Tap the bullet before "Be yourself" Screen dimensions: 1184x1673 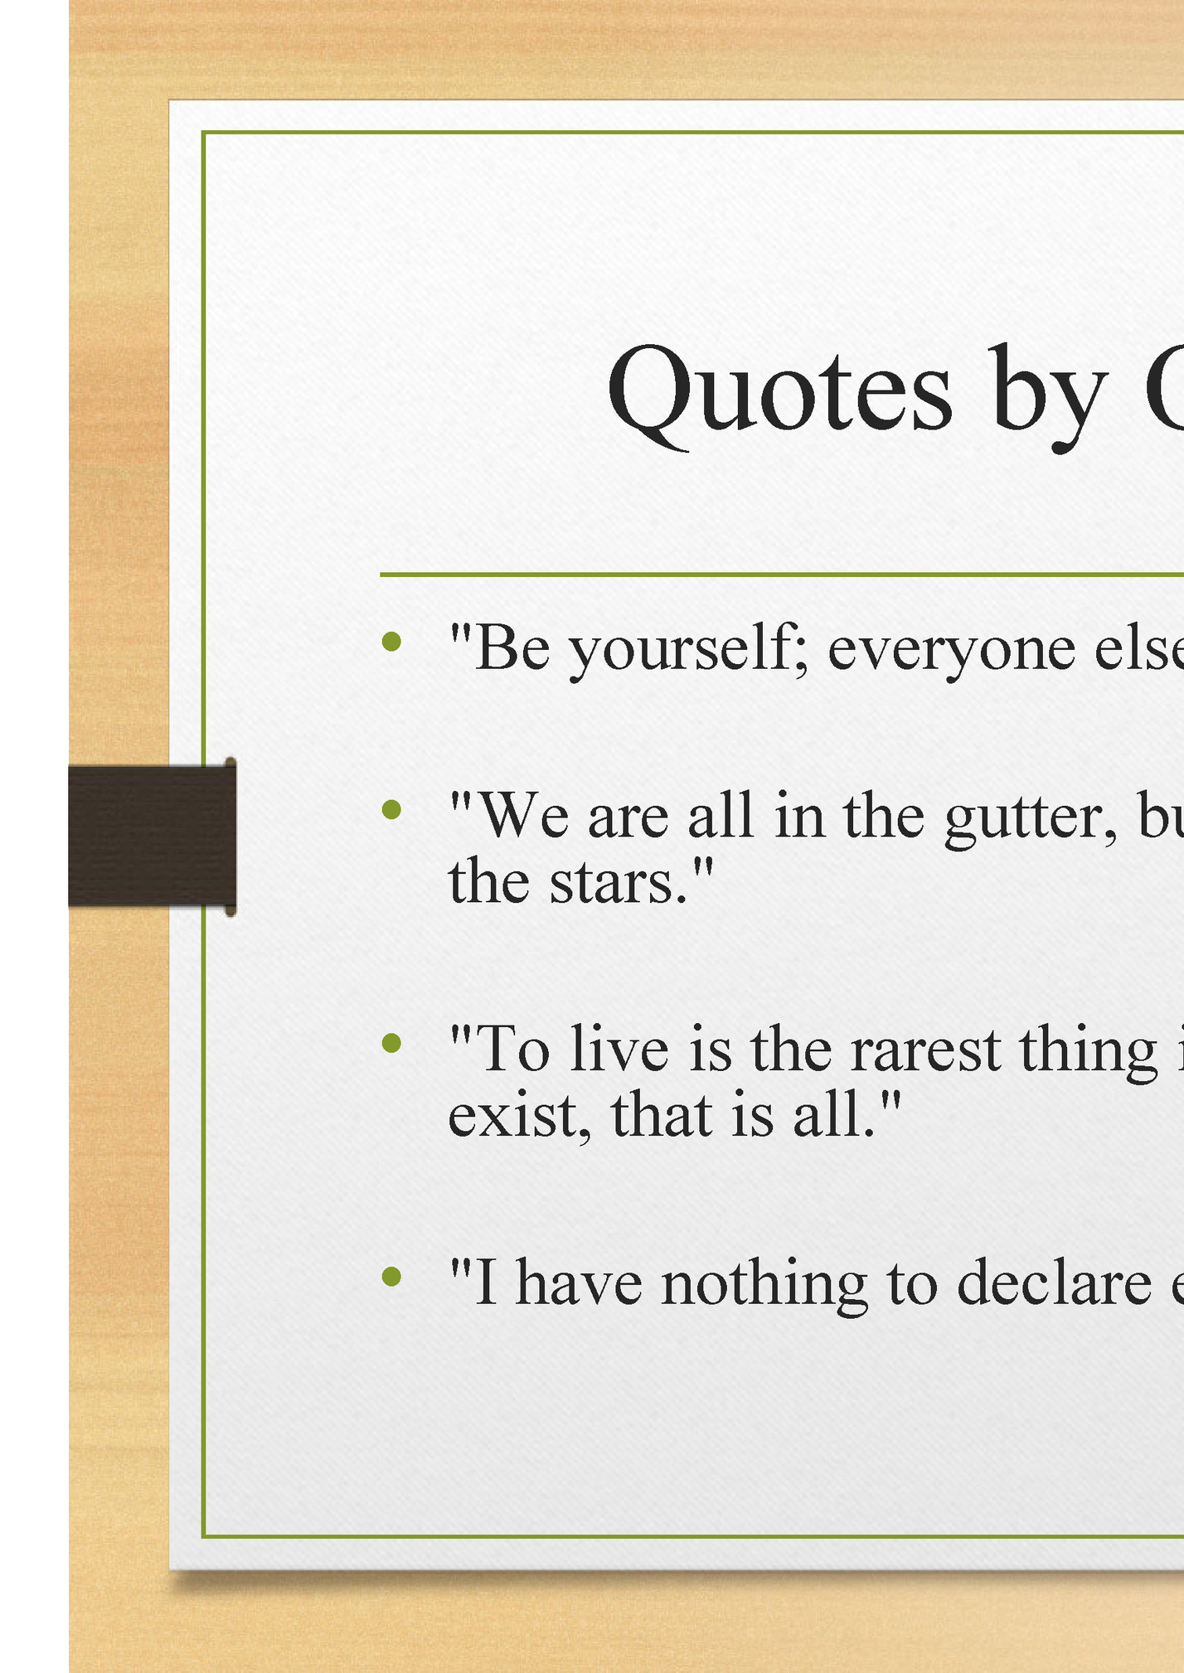391,641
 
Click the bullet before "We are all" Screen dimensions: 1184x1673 391,809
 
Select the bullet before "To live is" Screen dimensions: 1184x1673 391,1043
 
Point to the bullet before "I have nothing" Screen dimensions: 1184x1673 391,1277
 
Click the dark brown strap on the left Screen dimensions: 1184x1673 152,836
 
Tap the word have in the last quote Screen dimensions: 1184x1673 579,1282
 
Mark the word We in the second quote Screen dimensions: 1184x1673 526,816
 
